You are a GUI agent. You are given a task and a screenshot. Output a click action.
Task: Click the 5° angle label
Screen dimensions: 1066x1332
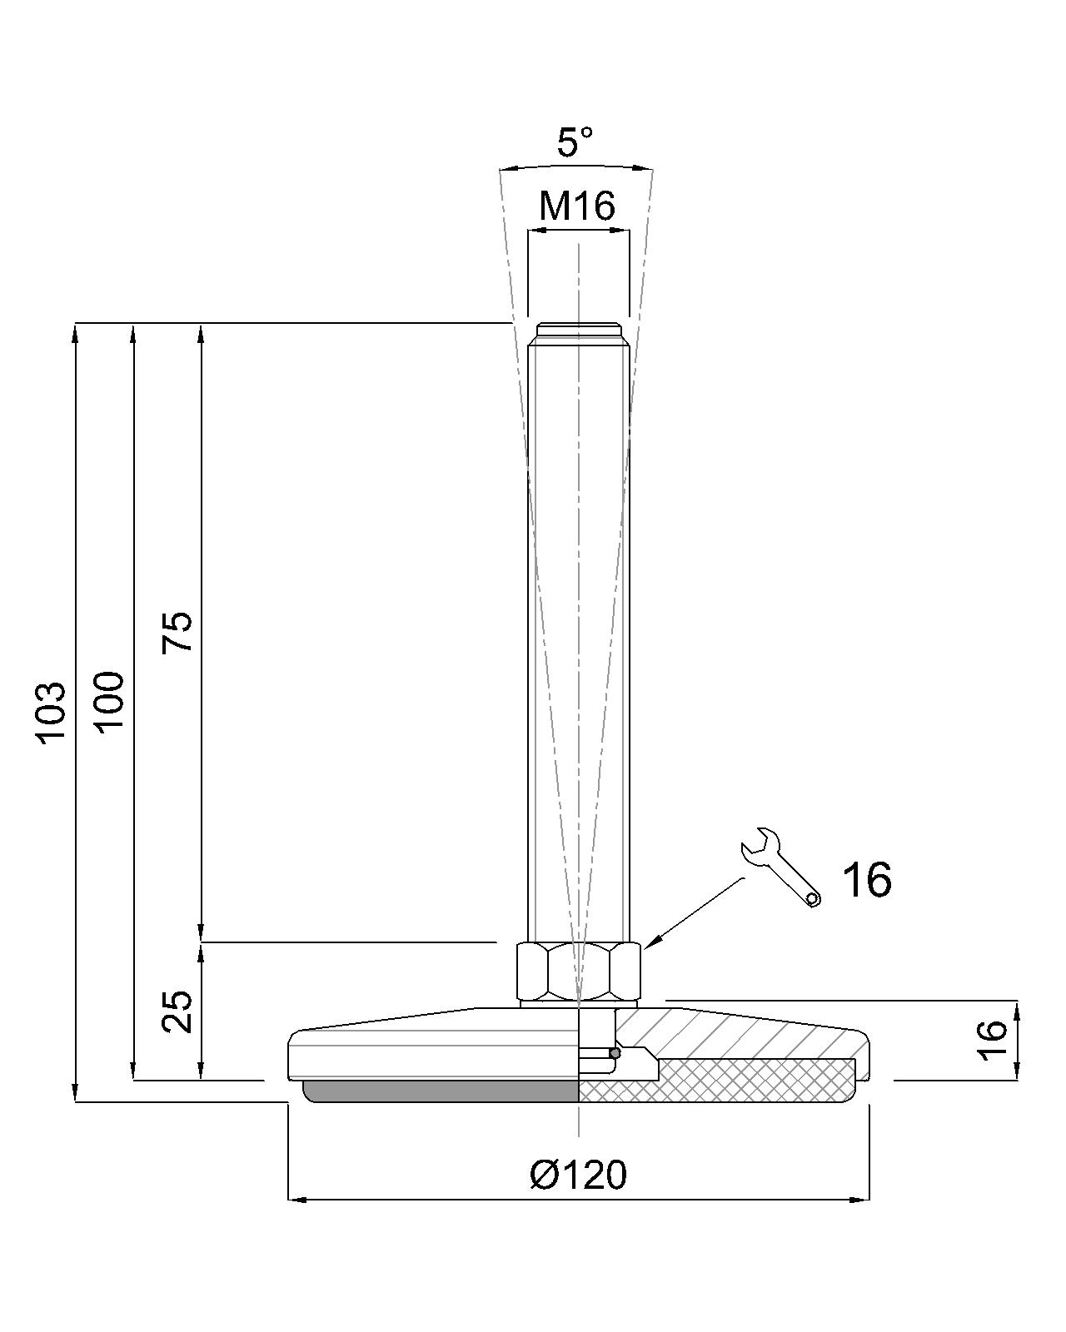[575, 142]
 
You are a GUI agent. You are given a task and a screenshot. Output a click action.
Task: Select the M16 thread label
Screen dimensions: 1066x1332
[576, 206]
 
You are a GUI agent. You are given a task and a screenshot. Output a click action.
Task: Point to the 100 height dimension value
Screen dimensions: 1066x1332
[110, 702]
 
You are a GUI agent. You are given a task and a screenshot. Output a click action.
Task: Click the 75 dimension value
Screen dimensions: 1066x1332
[177, 632]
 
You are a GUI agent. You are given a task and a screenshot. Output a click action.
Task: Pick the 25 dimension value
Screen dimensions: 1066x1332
[177, 1012]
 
